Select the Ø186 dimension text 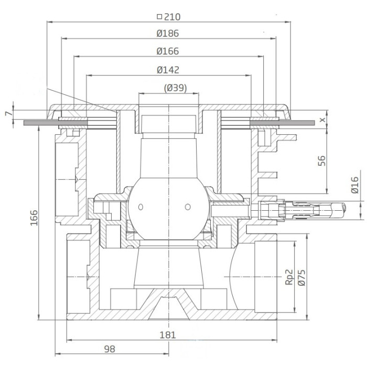[168, 34]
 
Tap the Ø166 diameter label [168, 51]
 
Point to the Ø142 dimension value [168, 70]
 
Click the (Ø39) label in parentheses [176, 88]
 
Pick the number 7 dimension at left [8, 114]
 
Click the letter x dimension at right [322, 120]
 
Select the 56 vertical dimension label [322, 160]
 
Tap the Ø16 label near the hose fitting [355, 185]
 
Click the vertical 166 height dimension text [34, 218]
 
